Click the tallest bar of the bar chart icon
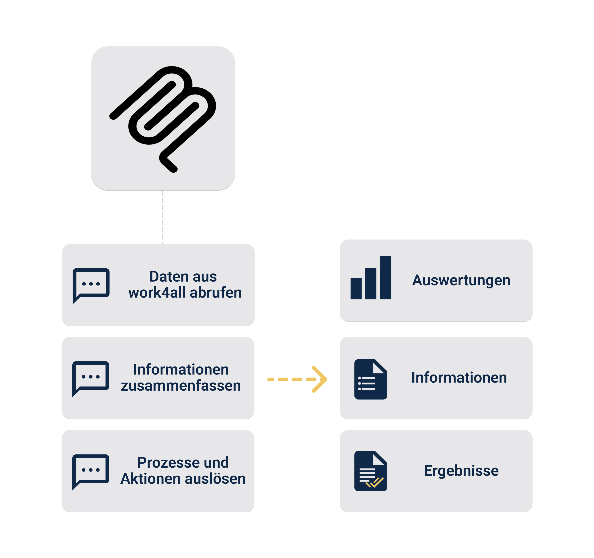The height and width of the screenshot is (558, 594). click(x=385, y=278)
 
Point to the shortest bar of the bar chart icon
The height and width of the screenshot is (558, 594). click(x=356, y=289)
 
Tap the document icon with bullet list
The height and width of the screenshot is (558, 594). click(x=371, y=379)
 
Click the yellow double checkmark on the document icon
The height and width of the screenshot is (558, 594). click(x=375, y=482)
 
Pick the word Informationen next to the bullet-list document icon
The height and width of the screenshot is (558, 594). click(x=459, y=378)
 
